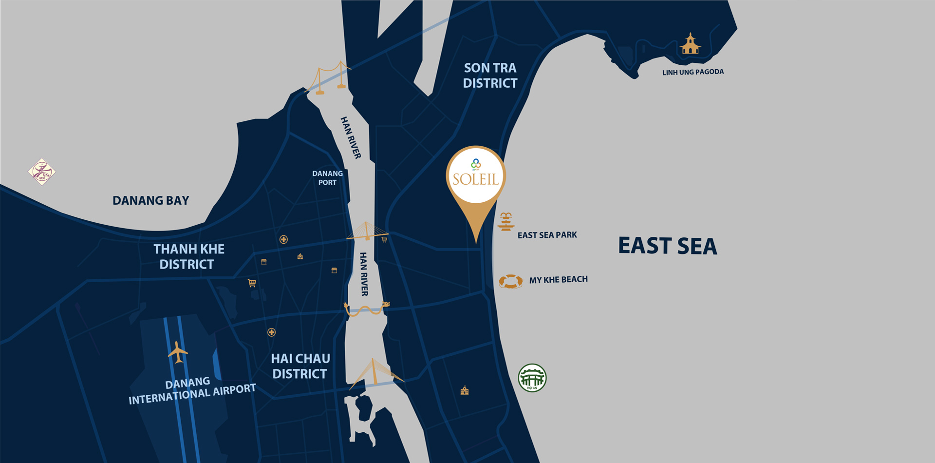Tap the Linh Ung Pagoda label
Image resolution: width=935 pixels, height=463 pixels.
[692, 72]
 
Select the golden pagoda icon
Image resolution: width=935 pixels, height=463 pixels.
[690, 44]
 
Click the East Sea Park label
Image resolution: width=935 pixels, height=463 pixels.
[547, 235]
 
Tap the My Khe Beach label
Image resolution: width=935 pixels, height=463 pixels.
[558, 280]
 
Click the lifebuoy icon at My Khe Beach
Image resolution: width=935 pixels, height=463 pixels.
[510, 281]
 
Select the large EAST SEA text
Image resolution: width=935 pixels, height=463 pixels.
[667, 246]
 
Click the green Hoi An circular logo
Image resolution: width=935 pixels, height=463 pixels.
[532, 378]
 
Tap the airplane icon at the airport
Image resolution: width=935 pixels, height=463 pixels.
[178, 352]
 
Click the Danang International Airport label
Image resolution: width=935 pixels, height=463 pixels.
[191, 390]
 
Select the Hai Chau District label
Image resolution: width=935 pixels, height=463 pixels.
[300, 366]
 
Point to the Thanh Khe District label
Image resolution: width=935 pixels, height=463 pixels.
[188, 256]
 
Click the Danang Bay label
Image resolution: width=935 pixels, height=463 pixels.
[150, 200]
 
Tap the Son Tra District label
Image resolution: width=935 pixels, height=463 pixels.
[490, 76]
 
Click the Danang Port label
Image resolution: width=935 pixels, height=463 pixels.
[327, 178]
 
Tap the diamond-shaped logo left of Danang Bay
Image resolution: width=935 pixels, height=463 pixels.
[42, 172]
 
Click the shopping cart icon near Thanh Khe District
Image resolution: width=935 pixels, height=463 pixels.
[252, 283]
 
